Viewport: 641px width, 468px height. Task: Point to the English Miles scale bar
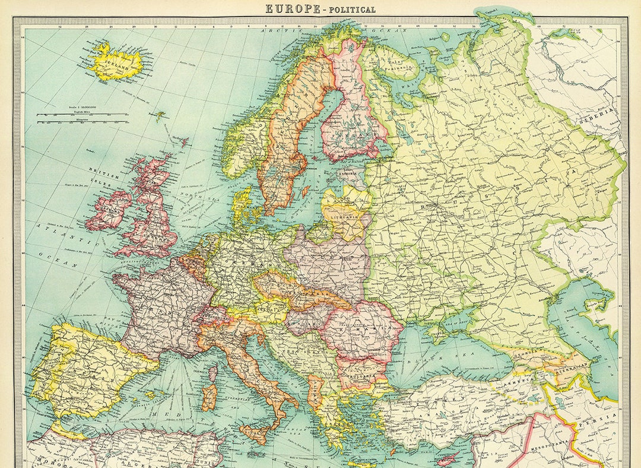pos(82,114)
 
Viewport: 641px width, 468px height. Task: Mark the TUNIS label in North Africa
pos(212,459)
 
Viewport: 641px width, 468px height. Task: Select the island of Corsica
pos(212,376)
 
